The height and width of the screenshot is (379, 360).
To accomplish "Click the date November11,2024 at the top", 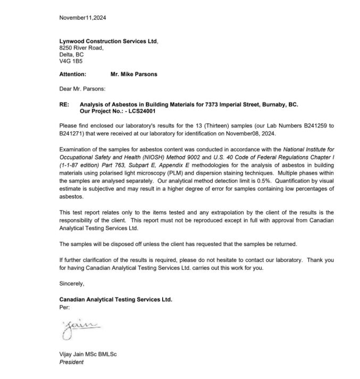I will coord(82,18).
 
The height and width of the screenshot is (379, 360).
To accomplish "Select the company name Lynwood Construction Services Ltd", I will coord(108,40).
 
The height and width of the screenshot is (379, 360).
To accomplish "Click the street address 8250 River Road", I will coord(81,47).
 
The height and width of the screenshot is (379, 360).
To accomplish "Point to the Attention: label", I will coord(72,75).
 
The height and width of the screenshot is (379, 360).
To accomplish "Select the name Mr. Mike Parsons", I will coord(130,75).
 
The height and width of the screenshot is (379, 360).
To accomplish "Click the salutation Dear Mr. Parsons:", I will coord(82,88).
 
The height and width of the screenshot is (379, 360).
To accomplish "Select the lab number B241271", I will coord(72,133).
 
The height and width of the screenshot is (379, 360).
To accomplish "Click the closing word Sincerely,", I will coord(72,283).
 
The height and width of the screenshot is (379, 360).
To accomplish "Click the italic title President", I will coord(71,362).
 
